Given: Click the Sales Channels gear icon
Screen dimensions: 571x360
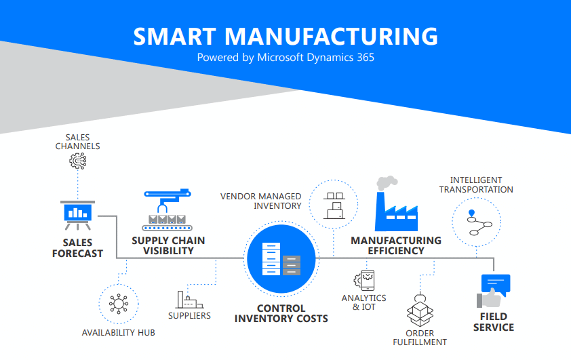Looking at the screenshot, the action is coord(78,161).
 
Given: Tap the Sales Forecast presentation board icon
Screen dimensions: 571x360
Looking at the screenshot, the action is coord(77,215).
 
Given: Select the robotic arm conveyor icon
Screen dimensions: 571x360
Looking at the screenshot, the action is coord(167,209).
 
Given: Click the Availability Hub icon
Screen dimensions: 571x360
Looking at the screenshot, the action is coord(119,304).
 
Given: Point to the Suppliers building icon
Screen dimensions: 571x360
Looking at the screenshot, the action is coord(189,300).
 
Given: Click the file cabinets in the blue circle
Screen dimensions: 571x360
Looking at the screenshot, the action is coord(281,259).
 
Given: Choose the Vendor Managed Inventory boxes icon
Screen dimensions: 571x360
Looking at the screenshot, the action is coord(334,205).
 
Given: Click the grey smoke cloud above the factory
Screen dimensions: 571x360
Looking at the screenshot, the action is coord(387,183).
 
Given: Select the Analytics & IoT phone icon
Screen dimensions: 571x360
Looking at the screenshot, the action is coord(364,280).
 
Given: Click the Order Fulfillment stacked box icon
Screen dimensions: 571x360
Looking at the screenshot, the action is coord(420,310).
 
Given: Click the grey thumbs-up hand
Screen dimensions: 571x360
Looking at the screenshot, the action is coord(489,298).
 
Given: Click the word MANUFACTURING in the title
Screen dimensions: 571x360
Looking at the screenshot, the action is coord(331,37).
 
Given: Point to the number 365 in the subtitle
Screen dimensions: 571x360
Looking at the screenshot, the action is coord(366,58).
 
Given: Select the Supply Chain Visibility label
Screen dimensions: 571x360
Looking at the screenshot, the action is coord(168,245).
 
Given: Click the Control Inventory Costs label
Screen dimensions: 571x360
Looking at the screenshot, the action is coord(281,313).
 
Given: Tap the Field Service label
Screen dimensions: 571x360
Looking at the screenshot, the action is coord(494,322).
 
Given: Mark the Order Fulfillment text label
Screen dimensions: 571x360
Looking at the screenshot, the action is coord(420,338).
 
